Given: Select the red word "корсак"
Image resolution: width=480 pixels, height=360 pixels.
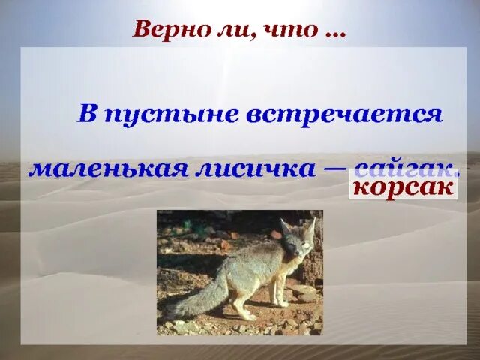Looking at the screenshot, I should [403, 186].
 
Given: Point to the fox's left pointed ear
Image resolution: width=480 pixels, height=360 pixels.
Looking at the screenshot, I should [285, 225].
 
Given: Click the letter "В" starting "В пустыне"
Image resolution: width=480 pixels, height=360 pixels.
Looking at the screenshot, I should [88, 114].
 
